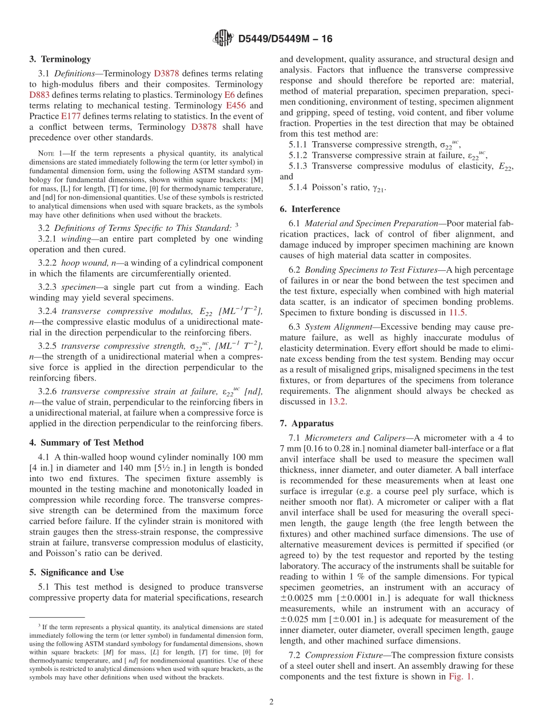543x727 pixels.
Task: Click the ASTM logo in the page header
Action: click(x=223, y=39)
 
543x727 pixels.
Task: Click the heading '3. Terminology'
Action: click(x=60, y=59)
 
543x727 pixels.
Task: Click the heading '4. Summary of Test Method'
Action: click(x=86, y=442)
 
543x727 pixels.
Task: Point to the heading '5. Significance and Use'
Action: click(x=76, y=572)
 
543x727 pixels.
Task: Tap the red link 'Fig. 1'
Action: click(x=460, y=677)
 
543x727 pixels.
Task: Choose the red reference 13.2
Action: click(x=336, y=402)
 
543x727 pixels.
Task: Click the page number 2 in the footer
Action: click(x=271, y=702)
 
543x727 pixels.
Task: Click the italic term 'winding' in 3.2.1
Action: click(x=75, y=239)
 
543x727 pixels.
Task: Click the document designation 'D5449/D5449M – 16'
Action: click(x=285, y=39)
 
